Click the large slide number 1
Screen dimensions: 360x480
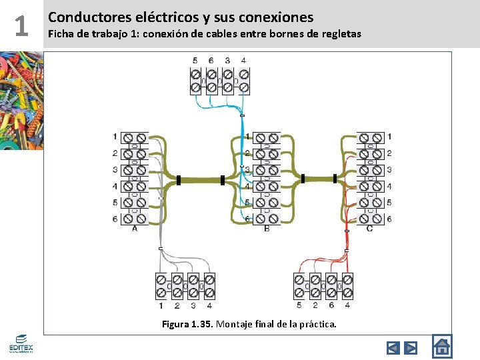click(x=21, y=25)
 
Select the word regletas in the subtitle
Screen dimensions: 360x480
click(x=339, y=33)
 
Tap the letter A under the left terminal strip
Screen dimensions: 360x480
click(x=135, y=228)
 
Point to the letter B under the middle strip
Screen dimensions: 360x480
click(x=267, y=229)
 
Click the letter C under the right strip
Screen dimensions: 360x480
click(x=370, y=229)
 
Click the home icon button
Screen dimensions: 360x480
click(x=441, y=346)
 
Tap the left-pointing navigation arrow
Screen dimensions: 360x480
click(x=393, y=347)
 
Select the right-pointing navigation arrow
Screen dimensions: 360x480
click(x=411, y=347)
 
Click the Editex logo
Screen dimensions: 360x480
click(x=20, y=343)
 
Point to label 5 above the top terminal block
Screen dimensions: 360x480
click(x=195, y=61)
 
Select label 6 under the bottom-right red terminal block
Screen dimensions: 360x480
click(x=331, y=305)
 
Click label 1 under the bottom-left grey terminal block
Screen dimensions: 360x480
click(x=161, y=305)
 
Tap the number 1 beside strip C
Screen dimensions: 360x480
click(x=389, y=137)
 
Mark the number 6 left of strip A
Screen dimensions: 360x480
click(x=115, y=219)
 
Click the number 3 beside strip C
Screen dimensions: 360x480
click(x=389, y=169)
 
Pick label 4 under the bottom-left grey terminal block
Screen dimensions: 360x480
click(x=209, y=305)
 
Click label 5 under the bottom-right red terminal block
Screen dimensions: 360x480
click(x=298, y=305)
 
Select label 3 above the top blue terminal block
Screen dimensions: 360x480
click(x=227, y=61)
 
